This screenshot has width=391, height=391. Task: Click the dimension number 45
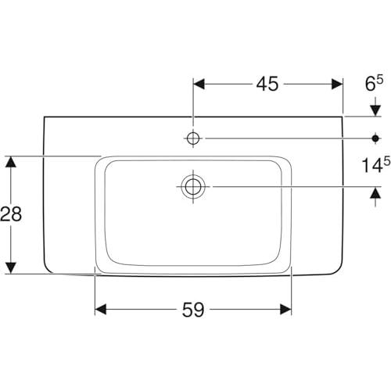point(267,84)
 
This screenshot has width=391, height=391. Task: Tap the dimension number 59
point(193,310)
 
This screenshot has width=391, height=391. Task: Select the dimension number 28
point(11,214)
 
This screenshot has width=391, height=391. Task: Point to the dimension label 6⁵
point(375,83)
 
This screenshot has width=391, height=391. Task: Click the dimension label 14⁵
point(376,164)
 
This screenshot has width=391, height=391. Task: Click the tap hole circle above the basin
point(193,138)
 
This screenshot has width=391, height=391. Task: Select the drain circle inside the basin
point(193,187)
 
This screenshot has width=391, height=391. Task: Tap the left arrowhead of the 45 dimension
point(199,84)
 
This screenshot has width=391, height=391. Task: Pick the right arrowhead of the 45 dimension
point(337,84)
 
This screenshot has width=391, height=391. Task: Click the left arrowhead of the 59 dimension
point(101,310)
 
